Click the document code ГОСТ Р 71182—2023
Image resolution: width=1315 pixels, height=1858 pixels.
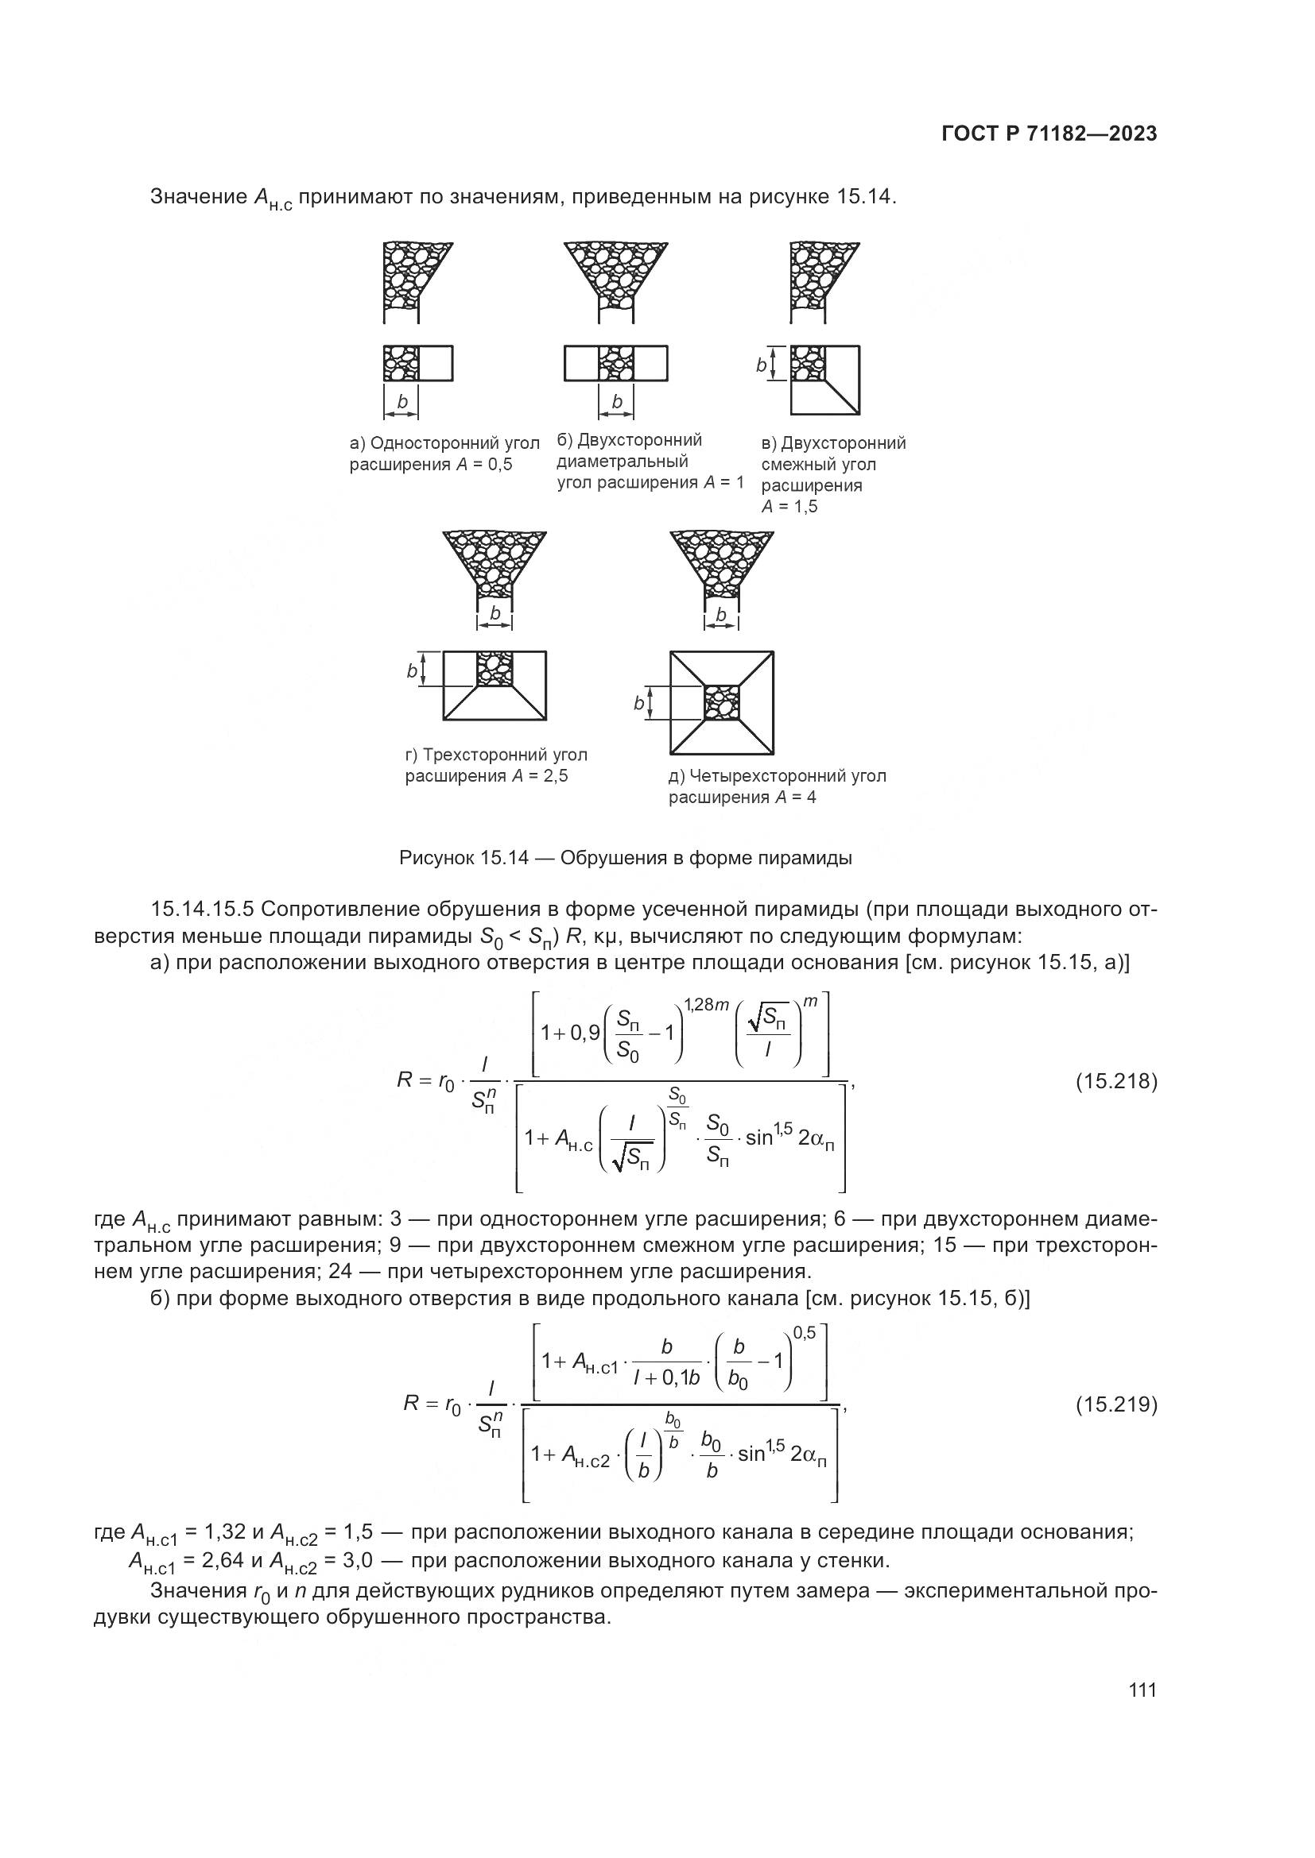tap(1049, 134)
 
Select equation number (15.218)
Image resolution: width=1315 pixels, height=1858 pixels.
tap(1115, 1081)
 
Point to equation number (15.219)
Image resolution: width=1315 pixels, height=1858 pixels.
tap(1115, 1404)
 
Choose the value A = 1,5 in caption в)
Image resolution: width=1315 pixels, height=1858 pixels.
tap(789, 508)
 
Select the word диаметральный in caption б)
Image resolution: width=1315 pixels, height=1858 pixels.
tap(622, 462)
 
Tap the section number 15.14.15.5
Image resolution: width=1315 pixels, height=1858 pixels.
tap(204, 910)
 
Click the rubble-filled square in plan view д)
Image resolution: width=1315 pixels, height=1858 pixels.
tap(721, 702)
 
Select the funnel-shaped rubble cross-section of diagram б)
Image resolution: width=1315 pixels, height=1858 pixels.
tap(615, 275)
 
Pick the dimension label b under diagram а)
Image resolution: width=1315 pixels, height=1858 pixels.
tap(401, 402)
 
